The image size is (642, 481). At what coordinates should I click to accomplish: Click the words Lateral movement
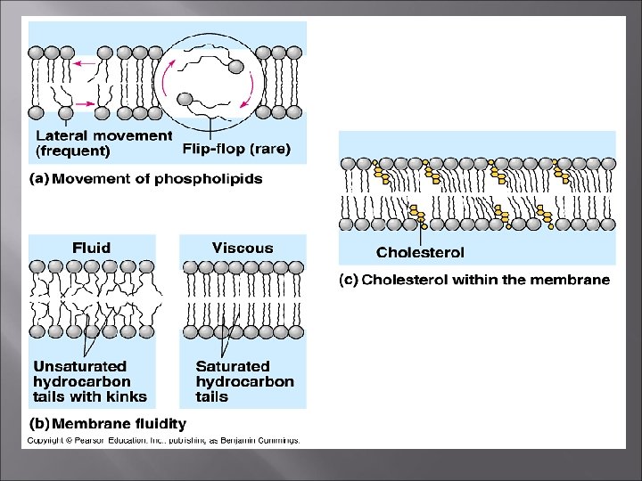[103, 136]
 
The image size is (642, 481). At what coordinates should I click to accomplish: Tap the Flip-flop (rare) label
[236, 149]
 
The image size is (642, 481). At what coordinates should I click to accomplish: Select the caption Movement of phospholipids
[157, 179]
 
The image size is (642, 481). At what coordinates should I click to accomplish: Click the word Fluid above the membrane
[92, 248]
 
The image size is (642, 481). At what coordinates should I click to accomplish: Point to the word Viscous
[243, 248]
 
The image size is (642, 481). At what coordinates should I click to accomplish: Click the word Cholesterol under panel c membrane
[420, 253]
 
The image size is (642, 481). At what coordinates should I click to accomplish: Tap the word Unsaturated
[80, 366]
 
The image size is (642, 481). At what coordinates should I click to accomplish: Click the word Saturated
[233, 366]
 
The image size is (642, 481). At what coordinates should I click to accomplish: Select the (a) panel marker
[40, 179]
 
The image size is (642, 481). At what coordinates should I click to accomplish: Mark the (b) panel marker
[40, 424]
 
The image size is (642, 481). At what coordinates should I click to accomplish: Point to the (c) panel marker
[349, 280]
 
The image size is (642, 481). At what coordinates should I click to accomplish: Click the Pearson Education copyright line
[163, 440]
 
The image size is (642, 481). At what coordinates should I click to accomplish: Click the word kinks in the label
[127, 396]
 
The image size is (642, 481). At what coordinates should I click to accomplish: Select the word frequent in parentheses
[73, 151]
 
